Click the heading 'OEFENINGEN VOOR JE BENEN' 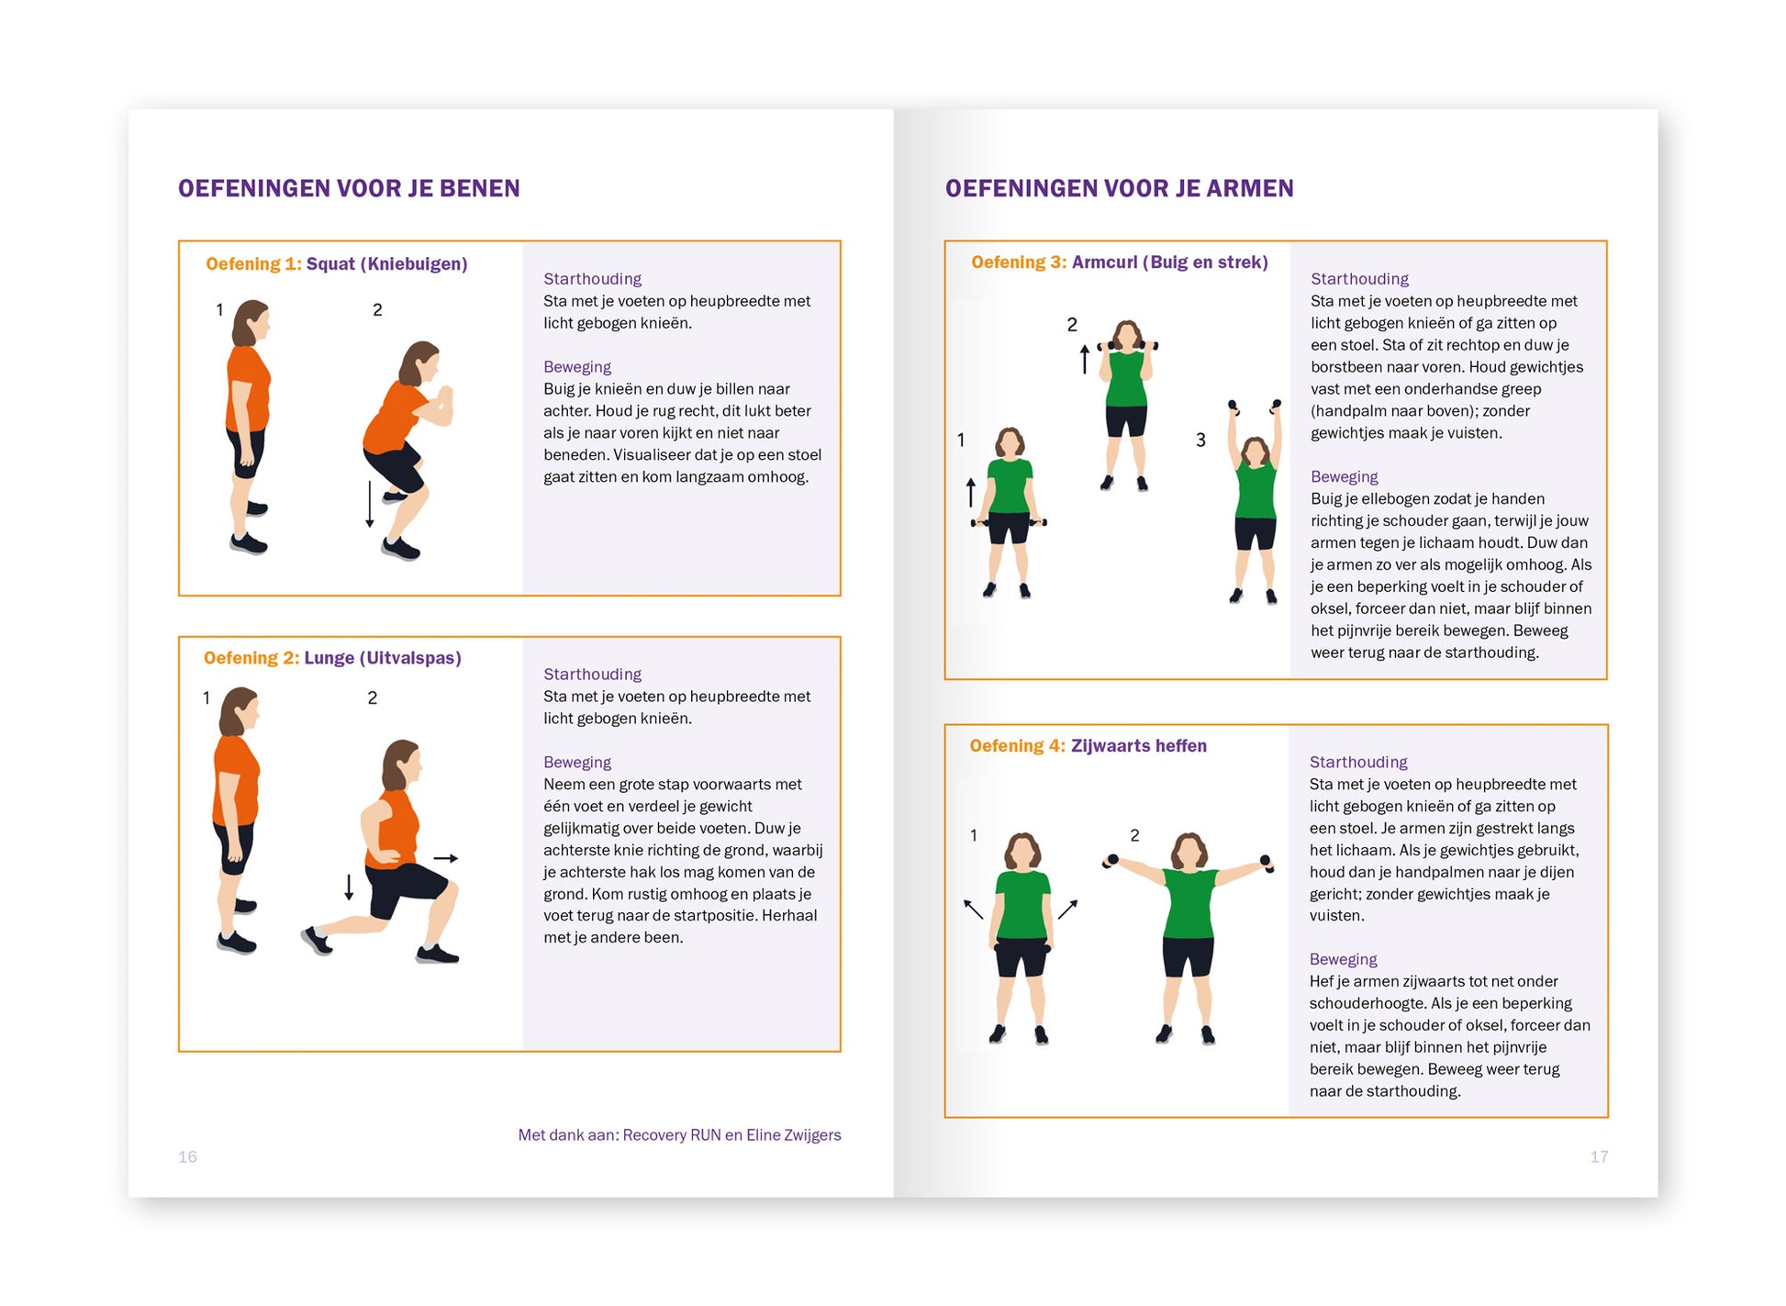[x=349, y=188]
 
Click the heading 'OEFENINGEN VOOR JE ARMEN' [x=1119, y=188]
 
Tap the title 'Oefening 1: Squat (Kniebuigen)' [x=336, y=264]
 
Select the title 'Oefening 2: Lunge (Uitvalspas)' [x=332, y=658]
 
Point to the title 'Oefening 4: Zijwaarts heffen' [x=1088, y=746]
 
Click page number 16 [x=187, y=1156]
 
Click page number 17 [x=1598, y=1156]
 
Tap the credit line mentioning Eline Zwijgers [x=679, y=1135]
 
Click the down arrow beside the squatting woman [x=370, y=504]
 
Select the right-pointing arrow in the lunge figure [x=446, y=858]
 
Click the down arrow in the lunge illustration [x=349, y=887]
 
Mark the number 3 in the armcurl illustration [x=1200, y=441]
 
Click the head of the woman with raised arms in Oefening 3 [x=1254, y=452]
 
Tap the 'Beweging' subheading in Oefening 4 [x=1343, y=959]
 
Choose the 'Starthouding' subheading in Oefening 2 [x=592, y=675]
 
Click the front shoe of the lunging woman [x=437, y=954]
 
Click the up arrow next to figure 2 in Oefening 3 [x=1084, y=359]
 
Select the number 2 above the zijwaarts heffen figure [x=1134, y=835]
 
